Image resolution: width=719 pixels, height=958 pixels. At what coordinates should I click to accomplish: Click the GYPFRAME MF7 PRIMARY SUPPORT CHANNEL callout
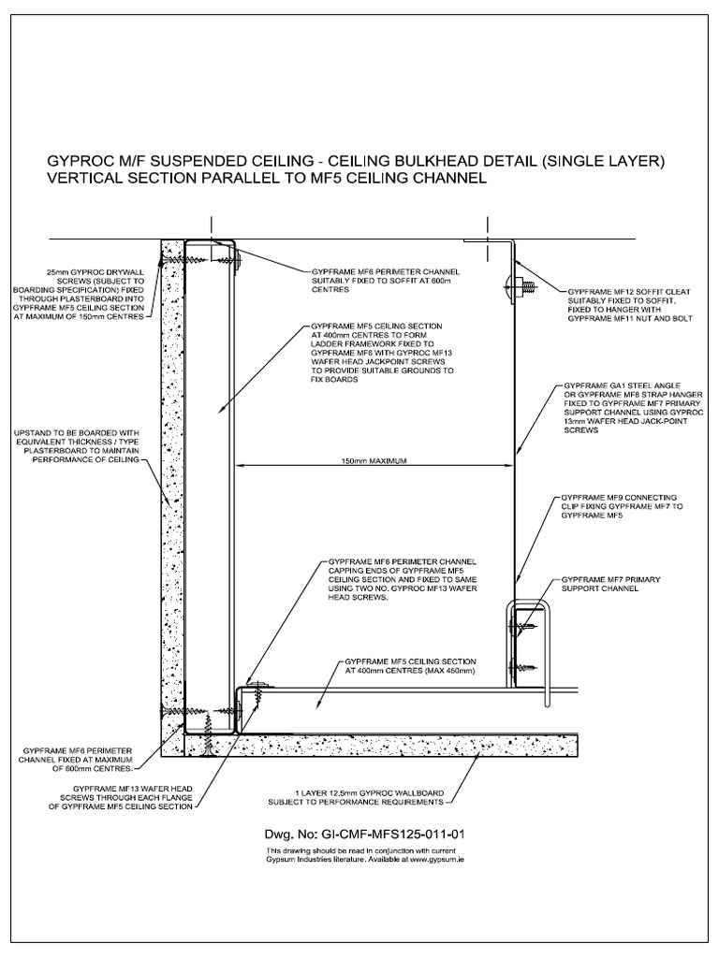pyautogui.click(x=610, y=586)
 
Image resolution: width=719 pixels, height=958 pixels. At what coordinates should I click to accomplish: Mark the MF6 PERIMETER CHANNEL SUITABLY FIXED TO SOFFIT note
pyautogui.click(x=386, y=281)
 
